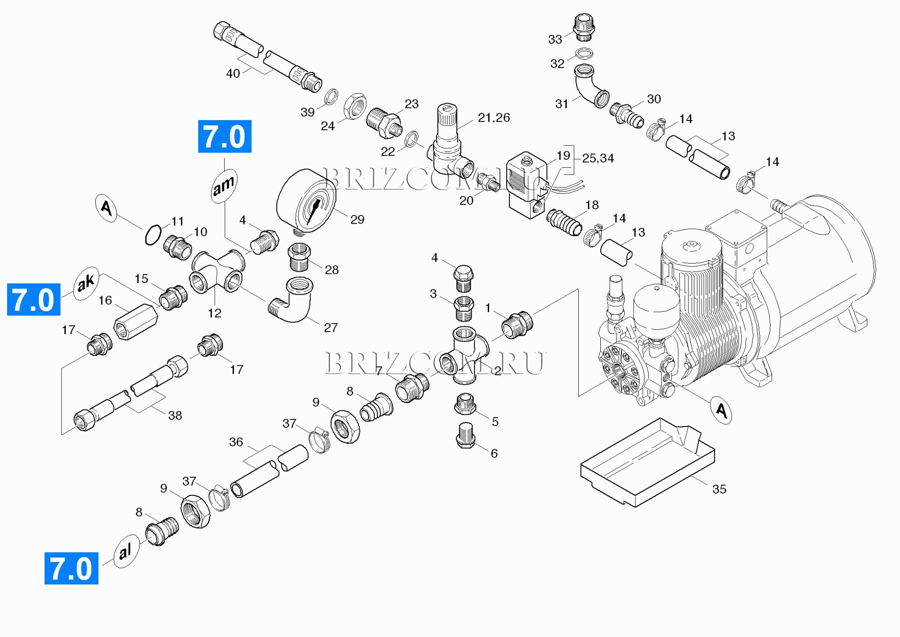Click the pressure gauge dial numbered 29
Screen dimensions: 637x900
pos(306,201)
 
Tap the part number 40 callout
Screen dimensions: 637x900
pos(233,73)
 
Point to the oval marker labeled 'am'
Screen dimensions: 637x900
pos(224,185)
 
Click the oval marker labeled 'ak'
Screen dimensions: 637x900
pos(86,283)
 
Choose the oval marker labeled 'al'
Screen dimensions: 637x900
pos(125,551)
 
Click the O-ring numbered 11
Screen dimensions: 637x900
pos(153,234)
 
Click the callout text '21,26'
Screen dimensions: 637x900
pos(494,118)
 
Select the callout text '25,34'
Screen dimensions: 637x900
pos(598,158)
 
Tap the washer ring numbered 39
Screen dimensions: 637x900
pos(331,96)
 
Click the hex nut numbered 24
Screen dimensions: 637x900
pos(355,106)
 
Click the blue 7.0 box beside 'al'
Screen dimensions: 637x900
pos(71,568)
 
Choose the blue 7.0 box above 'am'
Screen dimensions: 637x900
pos(225,136)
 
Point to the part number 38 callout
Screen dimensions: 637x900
pos(175,416)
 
